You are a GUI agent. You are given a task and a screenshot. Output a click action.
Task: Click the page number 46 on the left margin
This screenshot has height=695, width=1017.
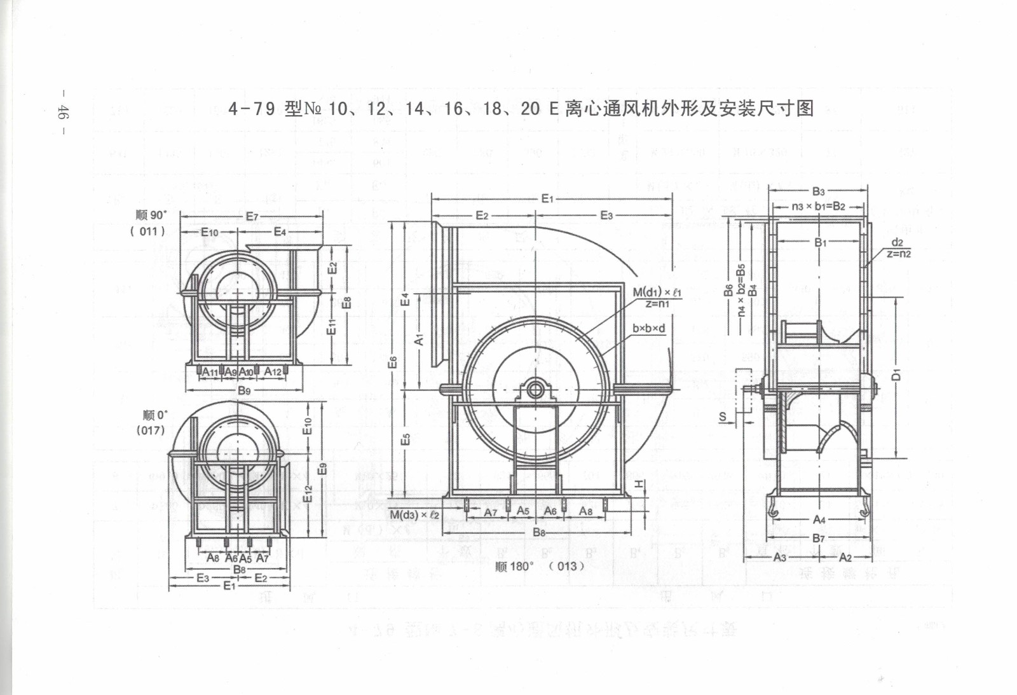coord(63,113)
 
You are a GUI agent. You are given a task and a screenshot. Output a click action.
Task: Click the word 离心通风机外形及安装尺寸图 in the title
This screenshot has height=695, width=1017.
coord(689,109)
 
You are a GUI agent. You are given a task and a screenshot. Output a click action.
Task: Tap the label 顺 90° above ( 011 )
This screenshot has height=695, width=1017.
coord(151,215)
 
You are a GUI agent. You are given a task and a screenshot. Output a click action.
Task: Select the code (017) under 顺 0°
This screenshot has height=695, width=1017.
coord(151,430)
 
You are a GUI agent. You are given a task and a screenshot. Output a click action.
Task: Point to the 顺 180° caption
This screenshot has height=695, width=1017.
coord(515,566)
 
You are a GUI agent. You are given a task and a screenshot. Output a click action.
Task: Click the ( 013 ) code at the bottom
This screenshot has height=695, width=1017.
coord(566,566)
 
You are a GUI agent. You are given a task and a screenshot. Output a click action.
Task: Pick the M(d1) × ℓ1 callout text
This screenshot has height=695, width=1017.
coord(657,292)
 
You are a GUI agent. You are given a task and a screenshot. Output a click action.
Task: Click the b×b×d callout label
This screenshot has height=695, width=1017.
coord(648,329)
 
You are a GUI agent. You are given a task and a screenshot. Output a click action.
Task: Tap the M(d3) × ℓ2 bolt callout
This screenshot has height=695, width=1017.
coord(414,514)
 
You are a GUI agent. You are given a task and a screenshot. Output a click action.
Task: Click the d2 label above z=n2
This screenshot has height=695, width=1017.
coord(897,242)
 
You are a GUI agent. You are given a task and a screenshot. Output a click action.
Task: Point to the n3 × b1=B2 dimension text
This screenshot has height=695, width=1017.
coord(818,207)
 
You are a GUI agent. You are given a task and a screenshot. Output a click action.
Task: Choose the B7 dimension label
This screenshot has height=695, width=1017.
coord(819,539)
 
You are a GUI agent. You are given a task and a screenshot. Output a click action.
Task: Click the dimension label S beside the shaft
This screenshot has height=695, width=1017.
coord(723,417)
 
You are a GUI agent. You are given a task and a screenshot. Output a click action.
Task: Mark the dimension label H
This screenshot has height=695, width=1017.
coord(638,485)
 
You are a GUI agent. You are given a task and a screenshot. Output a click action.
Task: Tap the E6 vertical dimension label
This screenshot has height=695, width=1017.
coord(393,362)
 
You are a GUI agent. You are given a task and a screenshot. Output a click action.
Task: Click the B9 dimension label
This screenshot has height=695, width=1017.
coord(244,390)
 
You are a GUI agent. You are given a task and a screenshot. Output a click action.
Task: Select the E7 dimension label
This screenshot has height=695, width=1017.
coord(252,216)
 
